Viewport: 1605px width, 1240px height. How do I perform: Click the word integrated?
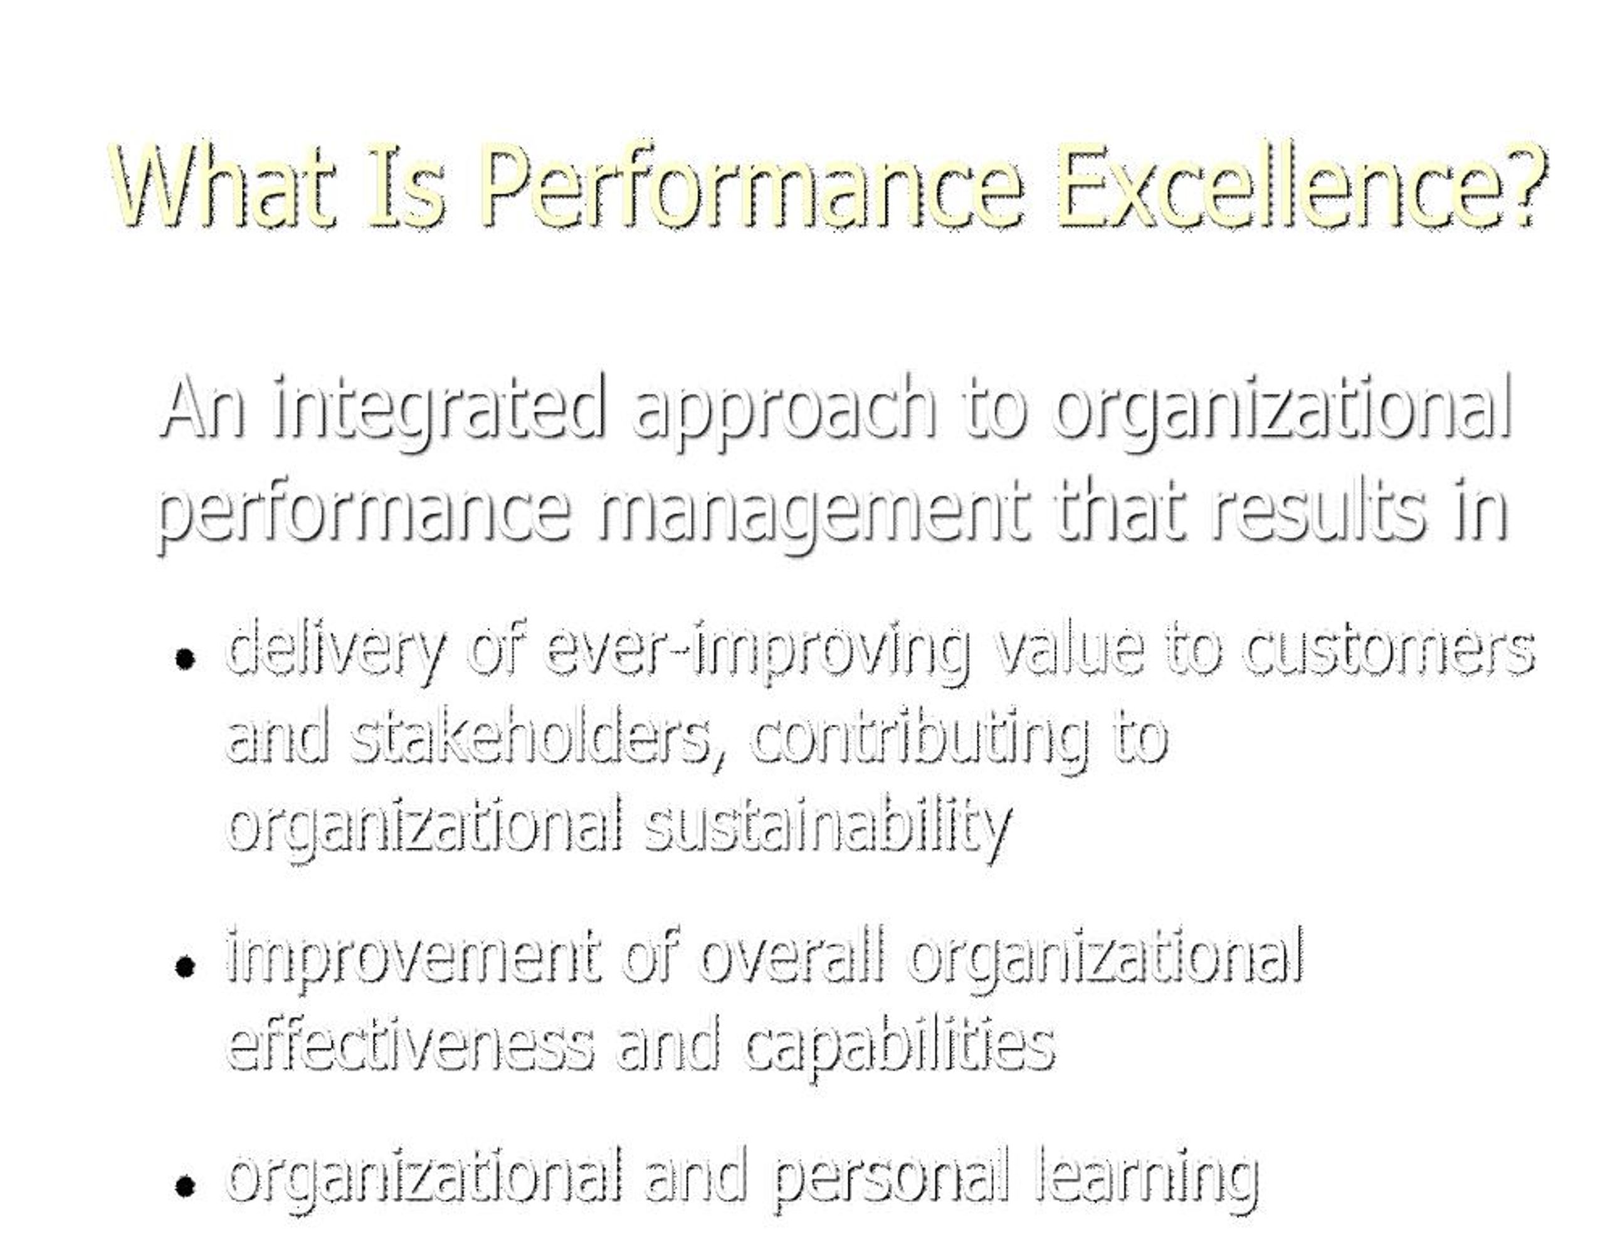coord(437,408)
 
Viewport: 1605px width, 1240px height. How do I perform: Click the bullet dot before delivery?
coord(185,659)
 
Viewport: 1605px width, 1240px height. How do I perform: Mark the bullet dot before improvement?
coord(185,967)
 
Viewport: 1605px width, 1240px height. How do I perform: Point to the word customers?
coord(1389,653)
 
